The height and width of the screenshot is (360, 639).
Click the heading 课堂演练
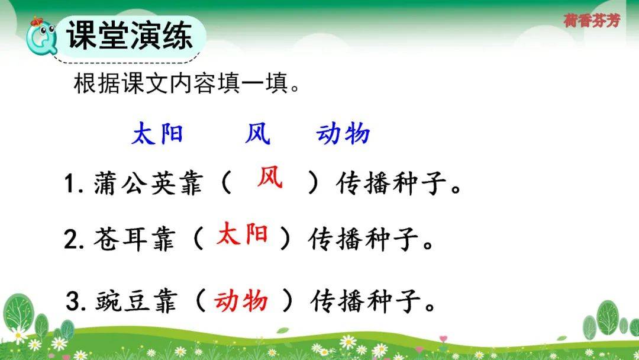point(129,35)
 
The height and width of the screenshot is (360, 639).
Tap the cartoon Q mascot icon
point(41,36)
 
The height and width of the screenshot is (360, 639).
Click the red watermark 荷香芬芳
point(592,20)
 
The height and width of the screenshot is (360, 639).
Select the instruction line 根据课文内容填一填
point(186,83)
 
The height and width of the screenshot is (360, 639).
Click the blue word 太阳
point(157,134)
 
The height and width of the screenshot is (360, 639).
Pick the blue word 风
point(257,134)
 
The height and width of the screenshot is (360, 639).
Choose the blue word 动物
point(343,134)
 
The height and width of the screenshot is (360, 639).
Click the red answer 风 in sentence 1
point(270,178)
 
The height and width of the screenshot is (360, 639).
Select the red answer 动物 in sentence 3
point(241,301)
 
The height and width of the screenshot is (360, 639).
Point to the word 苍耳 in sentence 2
point(120,239)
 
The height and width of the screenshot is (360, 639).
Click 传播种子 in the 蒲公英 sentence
point(391,184)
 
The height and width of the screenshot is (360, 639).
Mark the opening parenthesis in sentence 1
point(226,183)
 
